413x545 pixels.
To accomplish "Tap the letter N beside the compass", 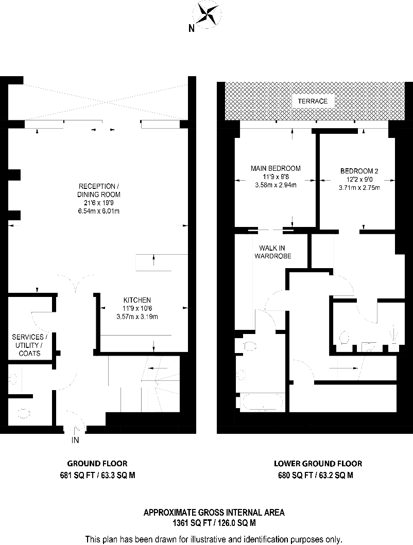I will pyautogui.click(x=191, y=29).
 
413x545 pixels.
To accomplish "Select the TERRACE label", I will pyautogui.click(x=313, y=101).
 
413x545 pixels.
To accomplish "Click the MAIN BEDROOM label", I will pyautogui.click(x=276, y=168).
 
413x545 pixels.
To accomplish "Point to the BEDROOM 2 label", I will pyautogui.click(x=359, y=171).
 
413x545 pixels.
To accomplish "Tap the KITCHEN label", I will pyautogui.click(x=136, y=300).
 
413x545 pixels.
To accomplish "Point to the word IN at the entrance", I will pyautogui.click(x=75, y=441).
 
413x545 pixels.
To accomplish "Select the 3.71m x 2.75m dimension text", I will pyautogui.click(x=359, y=188).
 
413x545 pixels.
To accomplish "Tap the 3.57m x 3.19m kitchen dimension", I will pyautogui.click(x=136, y=317).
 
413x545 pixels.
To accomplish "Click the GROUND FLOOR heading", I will pyautogui.click(x=97, y=463).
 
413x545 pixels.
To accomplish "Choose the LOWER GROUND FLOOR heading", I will pyautogui.click(x=318, y=463).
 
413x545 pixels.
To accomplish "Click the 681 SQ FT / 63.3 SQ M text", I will pyautogui.click(x=97, y=476).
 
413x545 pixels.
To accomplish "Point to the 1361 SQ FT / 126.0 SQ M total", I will pyautogui.click(x=213, y=523).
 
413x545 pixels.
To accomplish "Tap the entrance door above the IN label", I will pyautogui.click(x=75, y=419).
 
